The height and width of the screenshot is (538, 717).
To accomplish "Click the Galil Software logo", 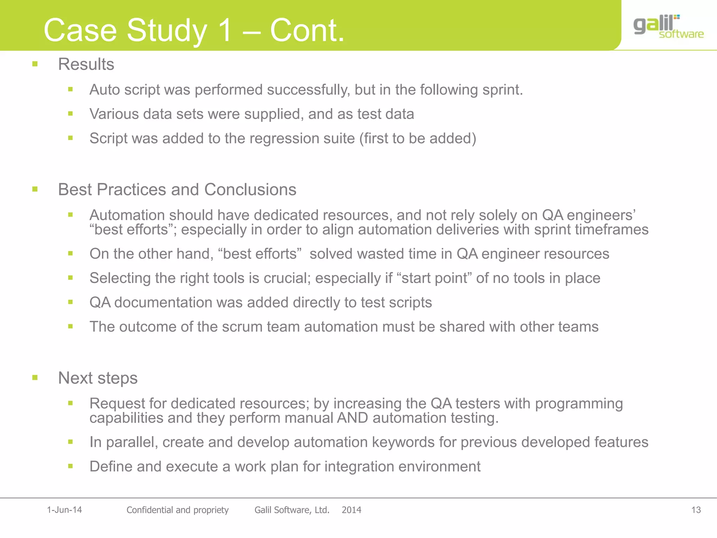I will pos(668,27).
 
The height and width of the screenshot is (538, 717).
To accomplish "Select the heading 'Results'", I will pos(86,64).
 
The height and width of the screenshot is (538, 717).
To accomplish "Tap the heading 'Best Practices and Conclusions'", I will pos(177,189).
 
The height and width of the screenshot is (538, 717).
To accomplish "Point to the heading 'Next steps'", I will pos(98,378).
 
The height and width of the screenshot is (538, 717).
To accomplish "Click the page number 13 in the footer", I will pos(696,510).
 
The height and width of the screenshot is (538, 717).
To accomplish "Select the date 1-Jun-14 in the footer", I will pos(64,510).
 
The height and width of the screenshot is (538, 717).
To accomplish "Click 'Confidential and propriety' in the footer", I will pos(177,510).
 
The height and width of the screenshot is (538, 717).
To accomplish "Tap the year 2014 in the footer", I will pos(351,510).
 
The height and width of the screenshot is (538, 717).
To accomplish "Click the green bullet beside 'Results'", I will pos(35,64).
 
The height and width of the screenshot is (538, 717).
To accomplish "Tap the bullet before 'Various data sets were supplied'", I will pos(70,113).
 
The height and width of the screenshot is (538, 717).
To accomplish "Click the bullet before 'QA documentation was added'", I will pos(70,302).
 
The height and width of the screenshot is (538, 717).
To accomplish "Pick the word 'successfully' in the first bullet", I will pos(308,90).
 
